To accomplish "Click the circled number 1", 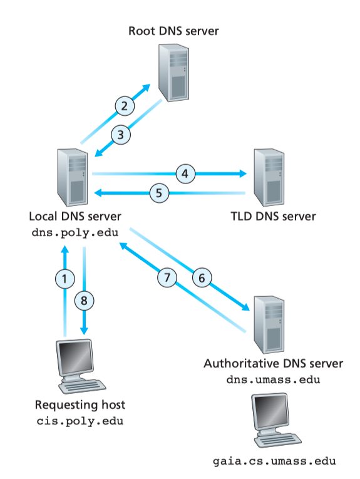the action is pyautogui.click(x=64, y=279).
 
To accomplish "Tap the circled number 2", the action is pyautogui.click(x=125, y=106).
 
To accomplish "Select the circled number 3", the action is pyautogui.click(x=121, y=135).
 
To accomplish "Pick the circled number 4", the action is pyautogui.click(x=185, y=174).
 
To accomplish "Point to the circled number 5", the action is pyautogui.click(x=160, y=193).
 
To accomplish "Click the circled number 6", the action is pyautogui.click(x=202, y=278).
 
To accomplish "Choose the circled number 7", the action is pyautogui.click(x=167, y=277).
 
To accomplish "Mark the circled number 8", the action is pyautogui.click(x=85, y=301).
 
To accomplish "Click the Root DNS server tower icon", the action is pyautogui.click(x=174, y=73).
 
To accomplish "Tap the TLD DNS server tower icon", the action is pyautogui.click(x=269, y=177).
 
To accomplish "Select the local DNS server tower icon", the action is pyautogui.click(x=73, y=177).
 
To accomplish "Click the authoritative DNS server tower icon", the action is pyautogui.click(x=269, y=325).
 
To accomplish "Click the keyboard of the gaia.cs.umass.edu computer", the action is pyautogui.click(x=278, y=440).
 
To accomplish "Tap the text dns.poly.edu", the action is pyautogui.click(x=75, y=233).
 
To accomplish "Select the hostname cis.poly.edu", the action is pyautogui.click(x=80, y=421).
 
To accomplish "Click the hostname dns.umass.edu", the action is pyautogui.click(x=273, y=379).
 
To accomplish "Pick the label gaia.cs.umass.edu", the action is pyautogui.click(x=274, y=461).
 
